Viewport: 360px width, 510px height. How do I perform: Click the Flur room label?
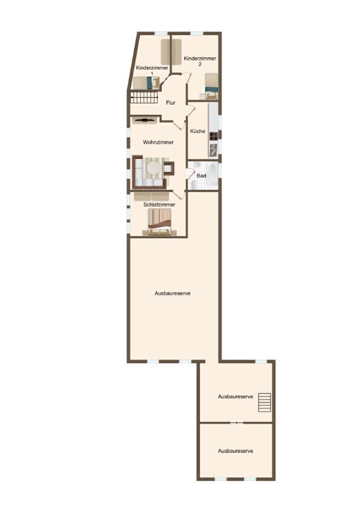tap(170, 103)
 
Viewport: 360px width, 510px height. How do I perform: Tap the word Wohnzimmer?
tap(158, 142)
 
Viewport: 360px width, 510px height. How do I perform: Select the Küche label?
tap(198, 131)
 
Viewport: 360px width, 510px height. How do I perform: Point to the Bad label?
tap(202, 176)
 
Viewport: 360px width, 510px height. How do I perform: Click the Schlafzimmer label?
tap(159, 205)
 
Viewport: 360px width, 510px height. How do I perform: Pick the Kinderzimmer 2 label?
tap(200, 61)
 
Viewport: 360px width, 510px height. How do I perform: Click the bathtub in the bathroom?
tap(213, 175)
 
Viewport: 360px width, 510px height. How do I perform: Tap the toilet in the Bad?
tap(194, 185)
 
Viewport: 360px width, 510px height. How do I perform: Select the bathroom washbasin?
tap(196, 165)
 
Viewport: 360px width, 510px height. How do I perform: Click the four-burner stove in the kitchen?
tap(213, 136)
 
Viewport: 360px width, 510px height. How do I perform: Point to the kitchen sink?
tap(213, 150)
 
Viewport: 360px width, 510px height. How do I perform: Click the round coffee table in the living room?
tap(153, 168)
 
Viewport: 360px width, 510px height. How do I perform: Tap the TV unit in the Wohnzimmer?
tap(145, 120)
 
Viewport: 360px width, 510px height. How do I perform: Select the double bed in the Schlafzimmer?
tap(159, 222)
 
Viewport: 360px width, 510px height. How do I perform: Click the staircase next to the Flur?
tap(144, 97)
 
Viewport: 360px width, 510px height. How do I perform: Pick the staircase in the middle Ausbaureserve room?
tap(265, 402)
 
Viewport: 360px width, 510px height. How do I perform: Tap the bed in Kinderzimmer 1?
tap(146, 83)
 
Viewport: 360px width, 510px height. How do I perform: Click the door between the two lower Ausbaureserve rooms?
tap(237, 423)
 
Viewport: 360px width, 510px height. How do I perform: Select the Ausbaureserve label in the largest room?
tap(172, 293)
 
